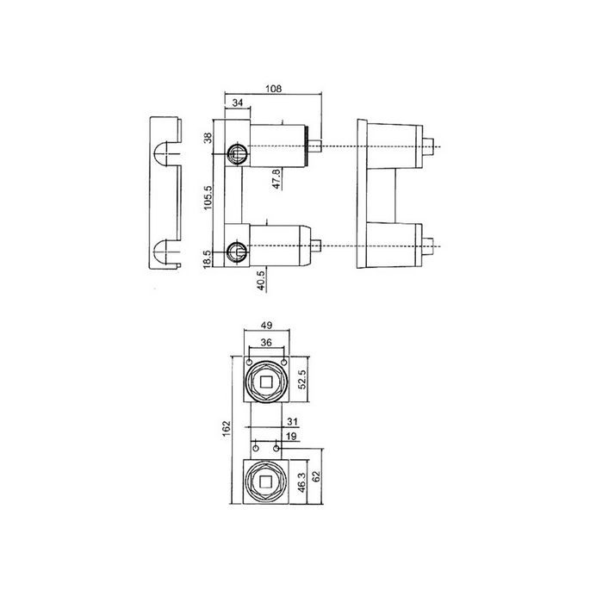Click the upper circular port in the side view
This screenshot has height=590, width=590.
click(x=236, y=154)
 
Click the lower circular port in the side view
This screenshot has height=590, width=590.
click(x=236, y=252)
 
